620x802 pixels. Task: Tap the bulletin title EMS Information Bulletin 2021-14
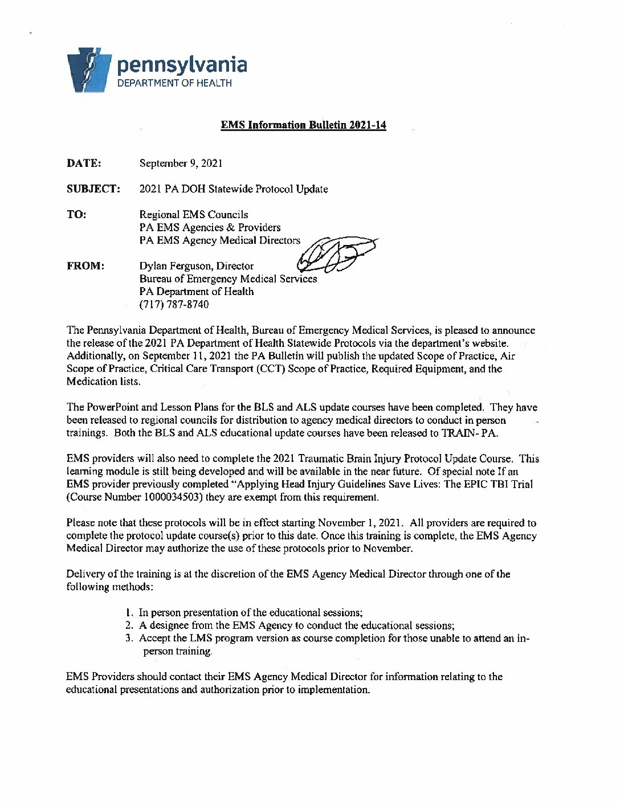[x=303, y=125]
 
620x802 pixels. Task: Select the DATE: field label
[x=84, y=163]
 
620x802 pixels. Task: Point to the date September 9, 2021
[x=181, y=163]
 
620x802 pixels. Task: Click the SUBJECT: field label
[x=93, y=189]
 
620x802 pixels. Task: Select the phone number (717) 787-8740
[x=174, y=304]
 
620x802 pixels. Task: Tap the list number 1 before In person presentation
[x=129, y=613]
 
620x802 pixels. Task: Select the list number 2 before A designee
[x=129, y=625]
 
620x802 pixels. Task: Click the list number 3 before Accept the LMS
[x=129, y=638]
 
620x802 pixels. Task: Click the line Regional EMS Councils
[x=194, y=215]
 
